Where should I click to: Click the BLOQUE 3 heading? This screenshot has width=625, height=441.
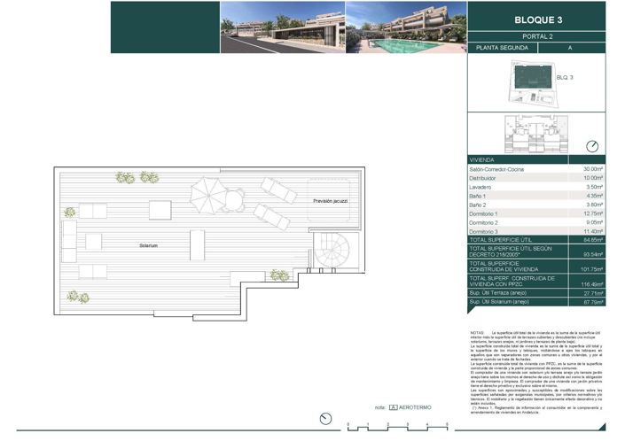(x=538, y=19)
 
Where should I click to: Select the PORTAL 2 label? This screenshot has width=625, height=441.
(x=538, y=35)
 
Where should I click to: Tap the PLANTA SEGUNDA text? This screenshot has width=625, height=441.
(x=500, y=48)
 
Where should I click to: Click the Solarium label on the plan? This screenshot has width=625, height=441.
(x=148, y=245)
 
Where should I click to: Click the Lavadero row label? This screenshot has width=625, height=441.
(x=482, y=187)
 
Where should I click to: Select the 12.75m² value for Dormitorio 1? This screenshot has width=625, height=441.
(x=592, y=213)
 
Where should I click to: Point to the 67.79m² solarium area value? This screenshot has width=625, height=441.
(x=592, y=303)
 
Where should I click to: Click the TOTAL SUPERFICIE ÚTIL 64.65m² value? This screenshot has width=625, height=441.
(x=592, y=240)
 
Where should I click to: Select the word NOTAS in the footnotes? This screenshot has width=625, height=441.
(x=478, y=332)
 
